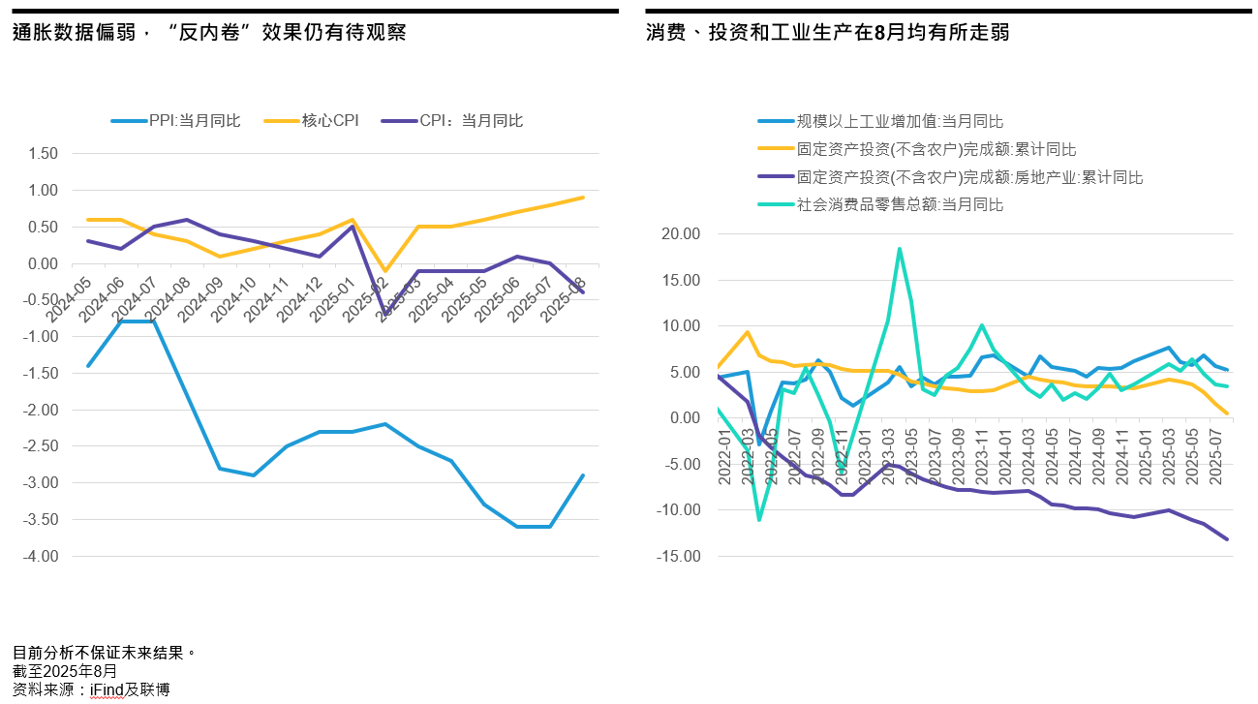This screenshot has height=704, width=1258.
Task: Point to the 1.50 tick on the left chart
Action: [x=44, y=153]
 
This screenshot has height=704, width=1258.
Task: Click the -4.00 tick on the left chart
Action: [x=42, y=557]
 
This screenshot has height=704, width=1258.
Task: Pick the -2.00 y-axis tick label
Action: [x=42, y=410]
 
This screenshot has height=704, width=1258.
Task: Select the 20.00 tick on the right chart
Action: [x=679, y=234]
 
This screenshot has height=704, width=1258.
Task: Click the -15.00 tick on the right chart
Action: [x=677, y=557]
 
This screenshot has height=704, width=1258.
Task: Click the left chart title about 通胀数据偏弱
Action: [x=209, y=33]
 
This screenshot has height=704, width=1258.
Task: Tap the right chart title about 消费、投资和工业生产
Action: [x=828, y=33]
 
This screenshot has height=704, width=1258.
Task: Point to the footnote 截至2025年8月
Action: [x=65, y=670]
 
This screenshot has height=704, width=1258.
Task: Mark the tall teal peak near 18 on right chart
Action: [x=900, y=249]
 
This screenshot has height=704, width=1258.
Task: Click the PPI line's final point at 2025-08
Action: [x=583, y=475]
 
